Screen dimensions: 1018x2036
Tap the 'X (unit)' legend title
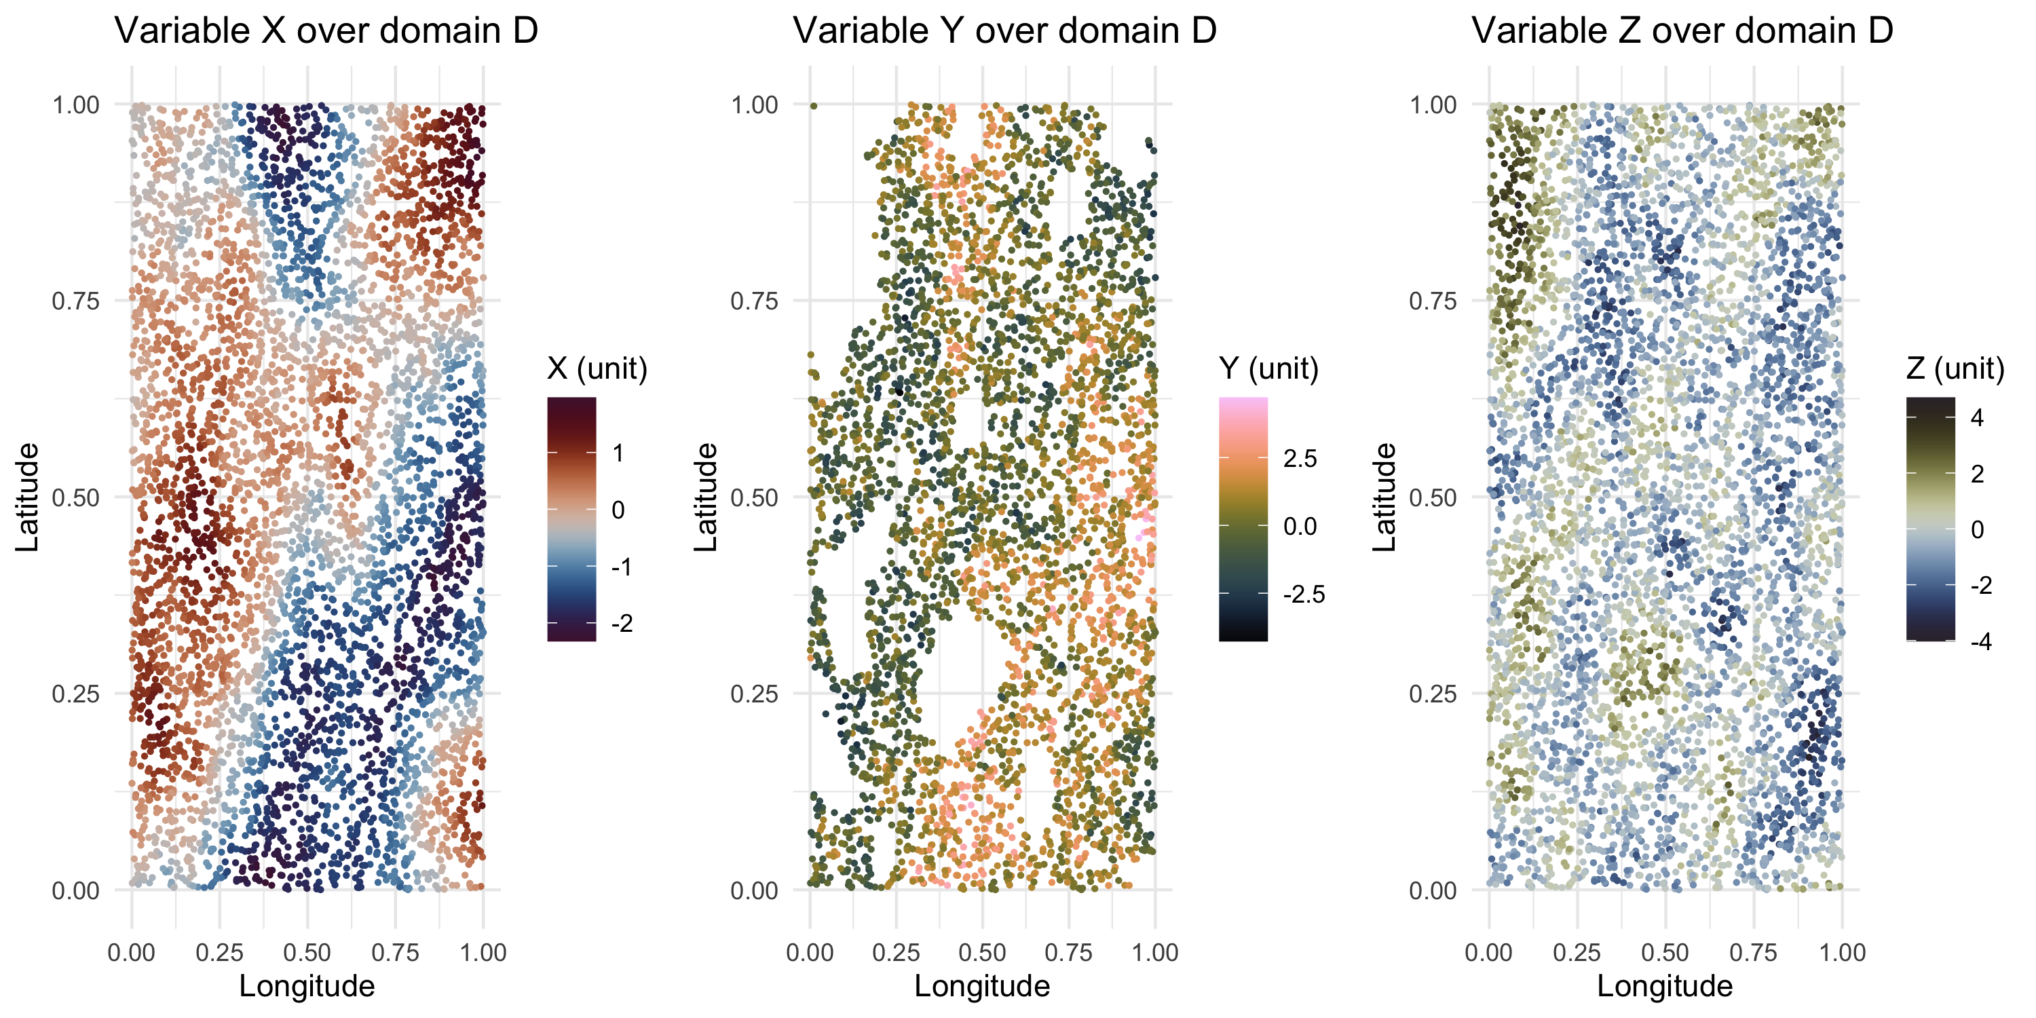click(x=597, y=369)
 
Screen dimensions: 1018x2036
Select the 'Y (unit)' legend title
click(x=1268, y=369)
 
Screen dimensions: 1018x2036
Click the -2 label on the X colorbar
click(x=622, y=624)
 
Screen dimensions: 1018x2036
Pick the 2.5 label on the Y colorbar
click(x=1300, y=458)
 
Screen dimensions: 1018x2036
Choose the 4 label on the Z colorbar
click(x=1977, y=417)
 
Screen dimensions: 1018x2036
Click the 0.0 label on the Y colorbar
click(x=1300, y=527)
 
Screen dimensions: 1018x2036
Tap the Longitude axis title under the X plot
click(x=307, y=986)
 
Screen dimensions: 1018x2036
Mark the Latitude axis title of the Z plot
click(x=1384, y=497)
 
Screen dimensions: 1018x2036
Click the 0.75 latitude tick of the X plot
click(x=76, y=301)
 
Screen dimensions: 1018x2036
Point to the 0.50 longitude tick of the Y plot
click(x=983, y=952)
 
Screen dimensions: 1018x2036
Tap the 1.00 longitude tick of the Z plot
click(x=1843, y=952)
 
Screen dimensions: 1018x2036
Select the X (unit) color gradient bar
click(x=571, y=519)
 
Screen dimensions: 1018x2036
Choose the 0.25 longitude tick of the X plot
click(x=219, y=952)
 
